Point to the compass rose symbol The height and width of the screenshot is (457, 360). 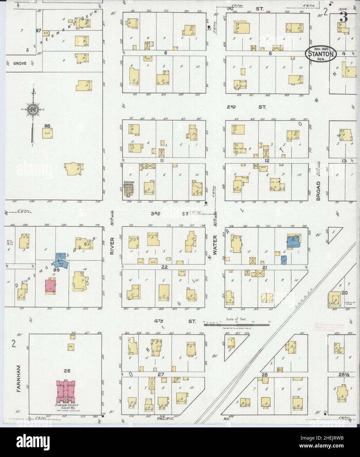[33, 110]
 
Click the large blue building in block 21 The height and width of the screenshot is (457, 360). [293, 241]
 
